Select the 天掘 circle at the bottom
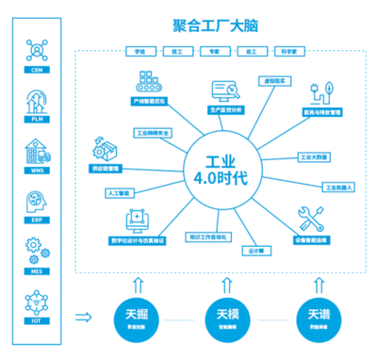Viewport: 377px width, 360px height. coord(137,317)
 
